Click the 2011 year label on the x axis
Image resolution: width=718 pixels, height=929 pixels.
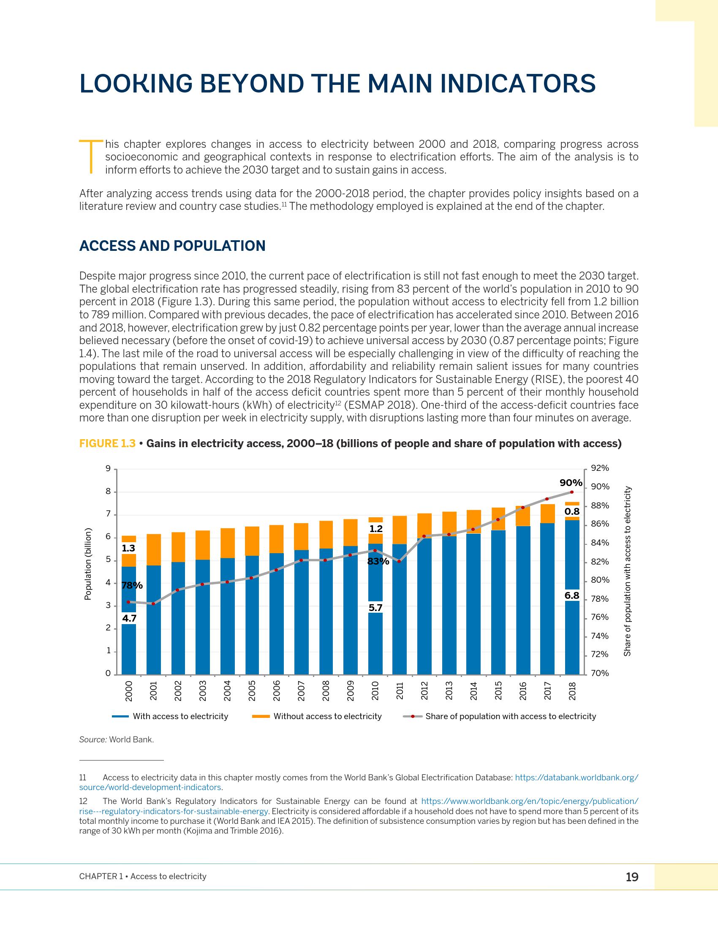pyautogui.click(x=400, y=690)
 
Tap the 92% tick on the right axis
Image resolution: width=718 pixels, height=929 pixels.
pyautogui.click(x=600, y=468)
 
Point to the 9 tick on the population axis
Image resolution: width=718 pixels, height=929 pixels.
pyautogui.click(x=108, y=469)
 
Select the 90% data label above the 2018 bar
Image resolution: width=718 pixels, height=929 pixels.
pyautogui.click(x=571, y=483)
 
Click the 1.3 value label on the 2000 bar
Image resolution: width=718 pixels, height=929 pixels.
pyautogui.click(x=128, y=548)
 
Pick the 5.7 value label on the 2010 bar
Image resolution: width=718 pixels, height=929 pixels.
pyautogui.click(x=375, y=608)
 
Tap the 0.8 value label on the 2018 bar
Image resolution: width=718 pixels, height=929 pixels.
pyautogui.click(x=572, y=512)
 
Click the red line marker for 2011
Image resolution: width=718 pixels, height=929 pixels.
pyautogui.click(x=399, y=562)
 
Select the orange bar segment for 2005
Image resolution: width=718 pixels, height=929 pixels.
pyautogui.click(x=252, y=541)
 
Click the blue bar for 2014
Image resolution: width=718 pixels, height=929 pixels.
pyautogui.click(x=473, y=604)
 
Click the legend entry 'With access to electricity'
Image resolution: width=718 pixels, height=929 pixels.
pyautogui.click(x=180, y=716)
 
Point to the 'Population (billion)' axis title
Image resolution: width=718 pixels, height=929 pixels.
pyautogui.click(x=88, y=564)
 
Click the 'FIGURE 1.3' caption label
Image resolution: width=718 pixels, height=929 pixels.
pyautogui.click(x=107, y=444)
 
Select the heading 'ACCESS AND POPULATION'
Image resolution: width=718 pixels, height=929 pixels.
pyautogui.click(x=172, y=246)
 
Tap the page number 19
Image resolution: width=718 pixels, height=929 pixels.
pyautogui.click(x=632, y=877)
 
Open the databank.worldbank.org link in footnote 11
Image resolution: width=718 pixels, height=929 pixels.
pyautogui.click(x=577, y=777)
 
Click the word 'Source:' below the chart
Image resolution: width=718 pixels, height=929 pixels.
pyautogui.click(x=93, y=740)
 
